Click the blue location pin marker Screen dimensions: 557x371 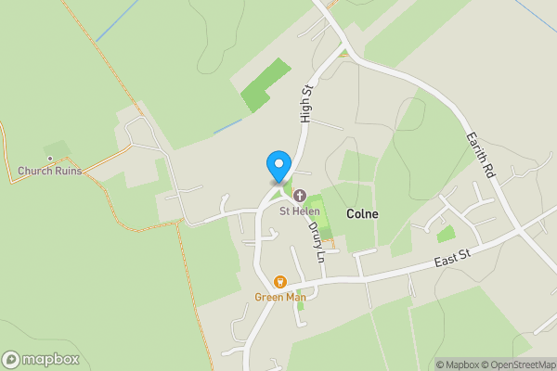278,165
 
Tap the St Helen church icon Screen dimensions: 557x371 300,195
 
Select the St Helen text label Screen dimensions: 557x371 300,211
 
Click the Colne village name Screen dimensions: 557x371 362,213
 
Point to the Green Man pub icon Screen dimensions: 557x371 279,282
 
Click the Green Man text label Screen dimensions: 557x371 279,297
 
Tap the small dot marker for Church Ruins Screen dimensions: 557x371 49,159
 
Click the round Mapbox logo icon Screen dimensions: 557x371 11,359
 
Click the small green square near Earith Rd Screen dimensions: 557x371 447,234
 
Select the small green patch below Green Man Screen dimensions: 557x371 299,304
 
